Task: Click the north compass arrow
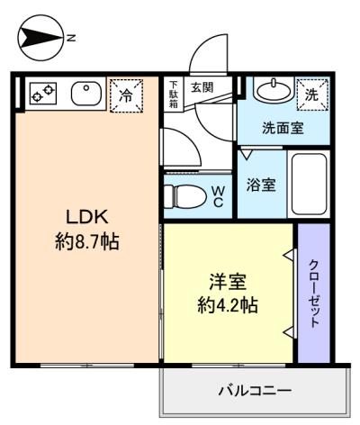[39, 37]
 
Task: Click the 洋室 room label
[228, 281]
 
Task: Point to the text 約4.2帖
[228, 304]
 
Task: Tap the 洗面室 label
[282, 128]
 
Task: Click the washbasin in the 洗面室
[267, 91]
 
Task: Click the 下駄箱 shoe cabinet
[174, 94]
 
